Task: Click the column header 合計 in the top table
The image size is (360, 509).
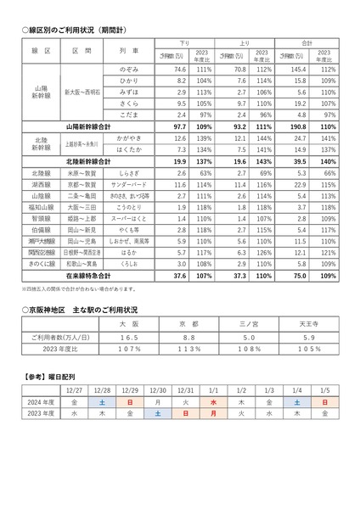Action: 309,42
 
